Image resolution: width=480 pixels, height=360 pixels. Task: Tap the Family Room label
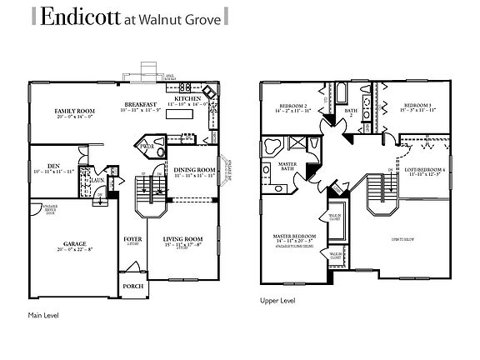74,111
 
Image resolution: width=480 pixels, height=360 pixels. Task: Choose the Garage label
75,245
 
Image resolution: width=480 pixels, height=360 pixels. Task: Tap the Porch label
132,285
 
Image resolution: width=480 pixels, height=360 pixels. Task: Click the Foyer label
132,239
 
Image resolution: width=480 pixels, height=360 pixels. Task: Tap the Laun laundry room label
97,179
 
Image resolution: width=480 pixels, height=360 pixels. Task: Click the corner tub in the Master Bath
272,144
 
